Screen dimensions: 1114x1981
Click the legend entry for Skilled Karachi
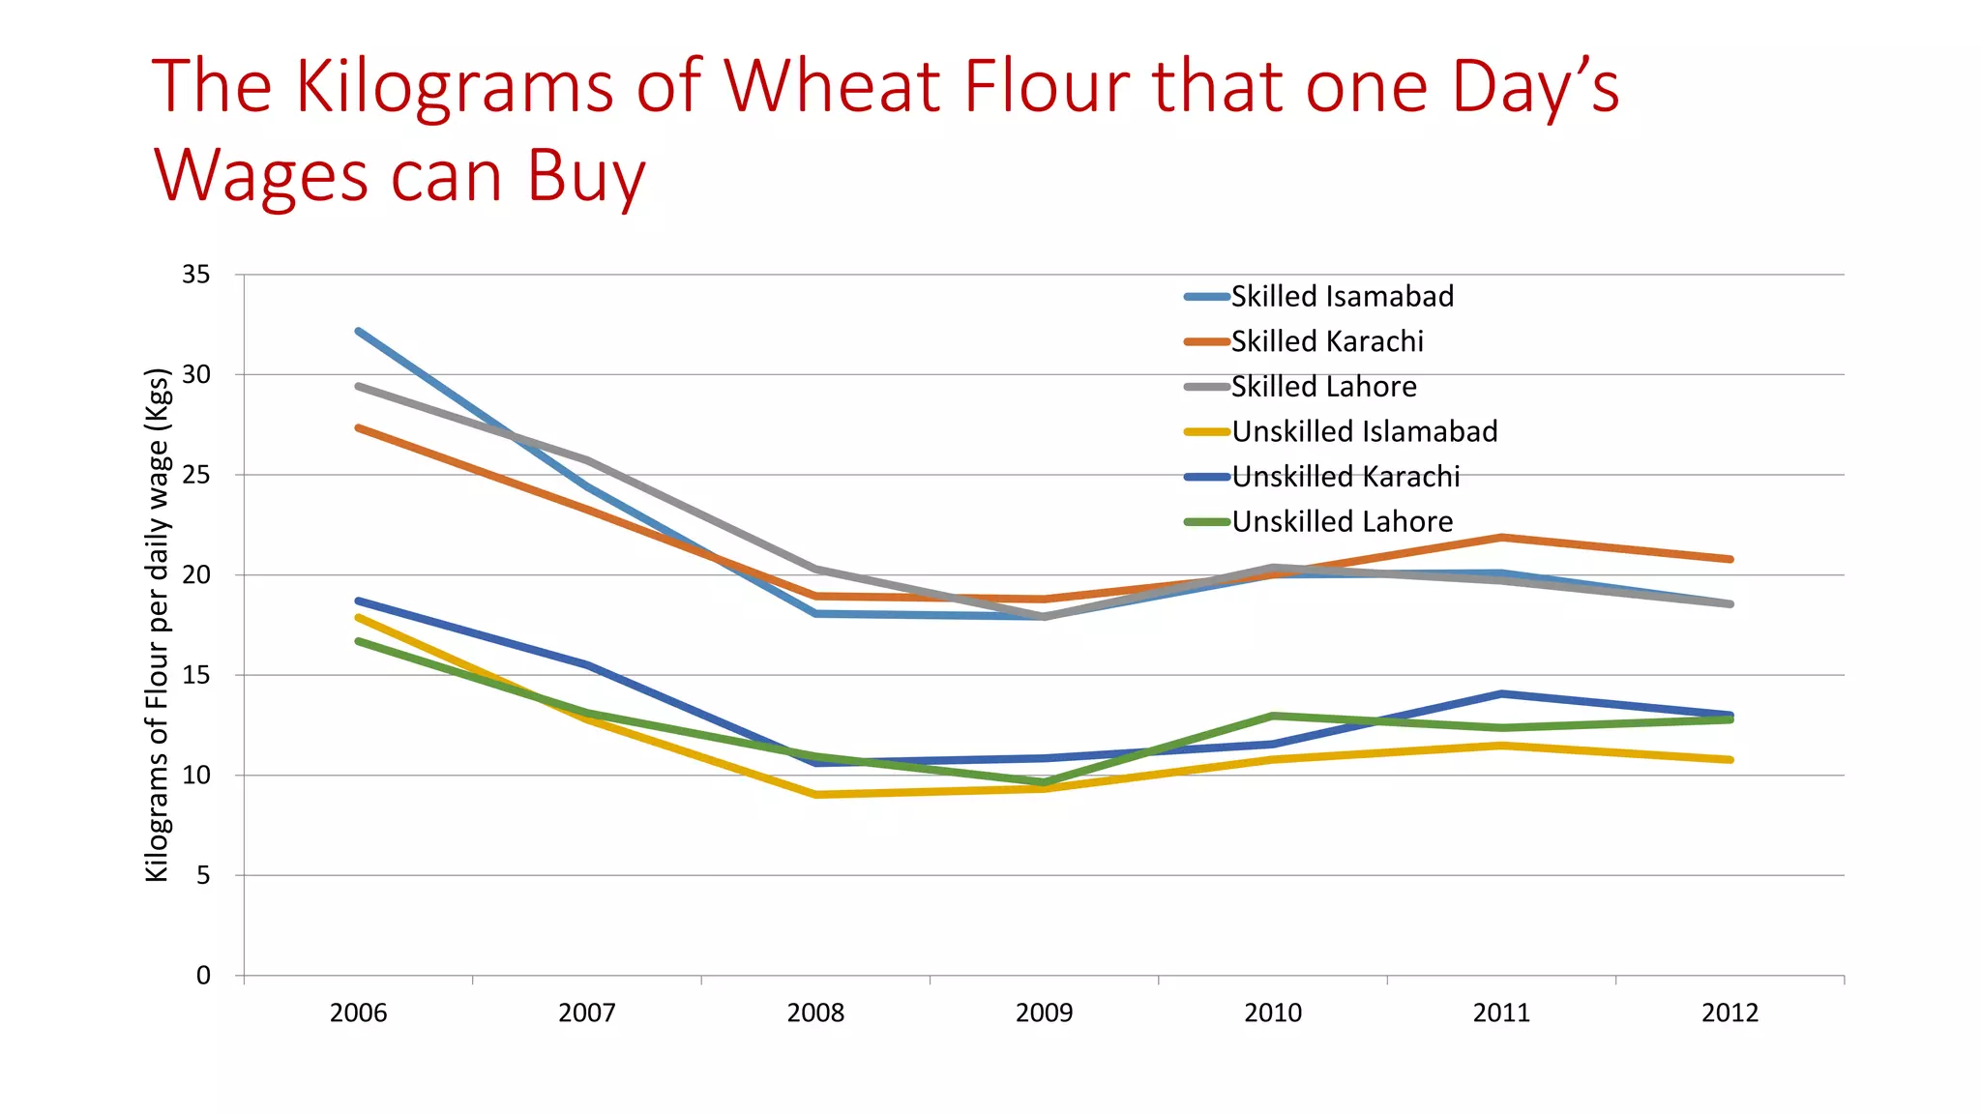(x=1326, y=341)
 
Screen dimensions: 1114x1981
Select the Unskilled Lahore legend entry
(x=1342, y=522)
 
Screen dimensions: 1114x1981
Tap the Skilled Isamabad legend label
(x=1342, y=296)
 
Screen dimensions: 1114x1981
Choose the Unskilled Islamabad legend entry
(x=1364, y=431)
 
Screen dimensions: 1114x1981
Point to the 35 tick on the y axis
(x=195, y=275)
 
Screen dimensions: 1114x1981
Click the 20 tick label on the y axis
(x=195, y=574)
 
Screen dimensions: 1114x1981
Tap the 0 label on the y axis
(x=203, y=976)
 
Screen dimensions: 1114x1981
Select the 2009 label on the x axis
(x=1044, y=1013)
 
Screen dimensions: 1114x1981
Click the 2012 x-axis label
(x=1730, y=1013)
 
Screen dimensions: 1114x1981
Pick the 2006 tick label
(x=358, y=1013)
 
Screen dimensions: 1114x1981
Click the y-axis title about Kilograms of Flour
(x=157, y=625)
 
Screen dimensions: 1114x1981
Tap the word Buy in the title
(x=586, y=177)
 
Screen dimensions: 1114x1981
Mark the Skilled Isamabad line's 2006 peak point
(x=358, y=331)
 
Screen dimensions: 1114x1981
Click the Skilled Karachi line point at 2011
(x=1501, y=537)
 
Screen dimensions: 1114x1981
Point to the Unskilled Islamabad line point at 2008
(x=816, y=795)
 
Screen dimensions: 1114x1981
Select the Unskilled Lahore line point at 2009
(x=1045, y=782)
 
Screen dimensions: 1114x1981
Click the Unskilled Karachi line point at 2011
(x=1501, y=693)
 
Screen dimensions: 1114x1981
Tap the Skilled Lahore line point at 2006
(x=358, y=386)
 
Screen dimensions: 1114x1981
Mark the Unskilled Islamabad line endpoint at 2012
(x=1730, y=760)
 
